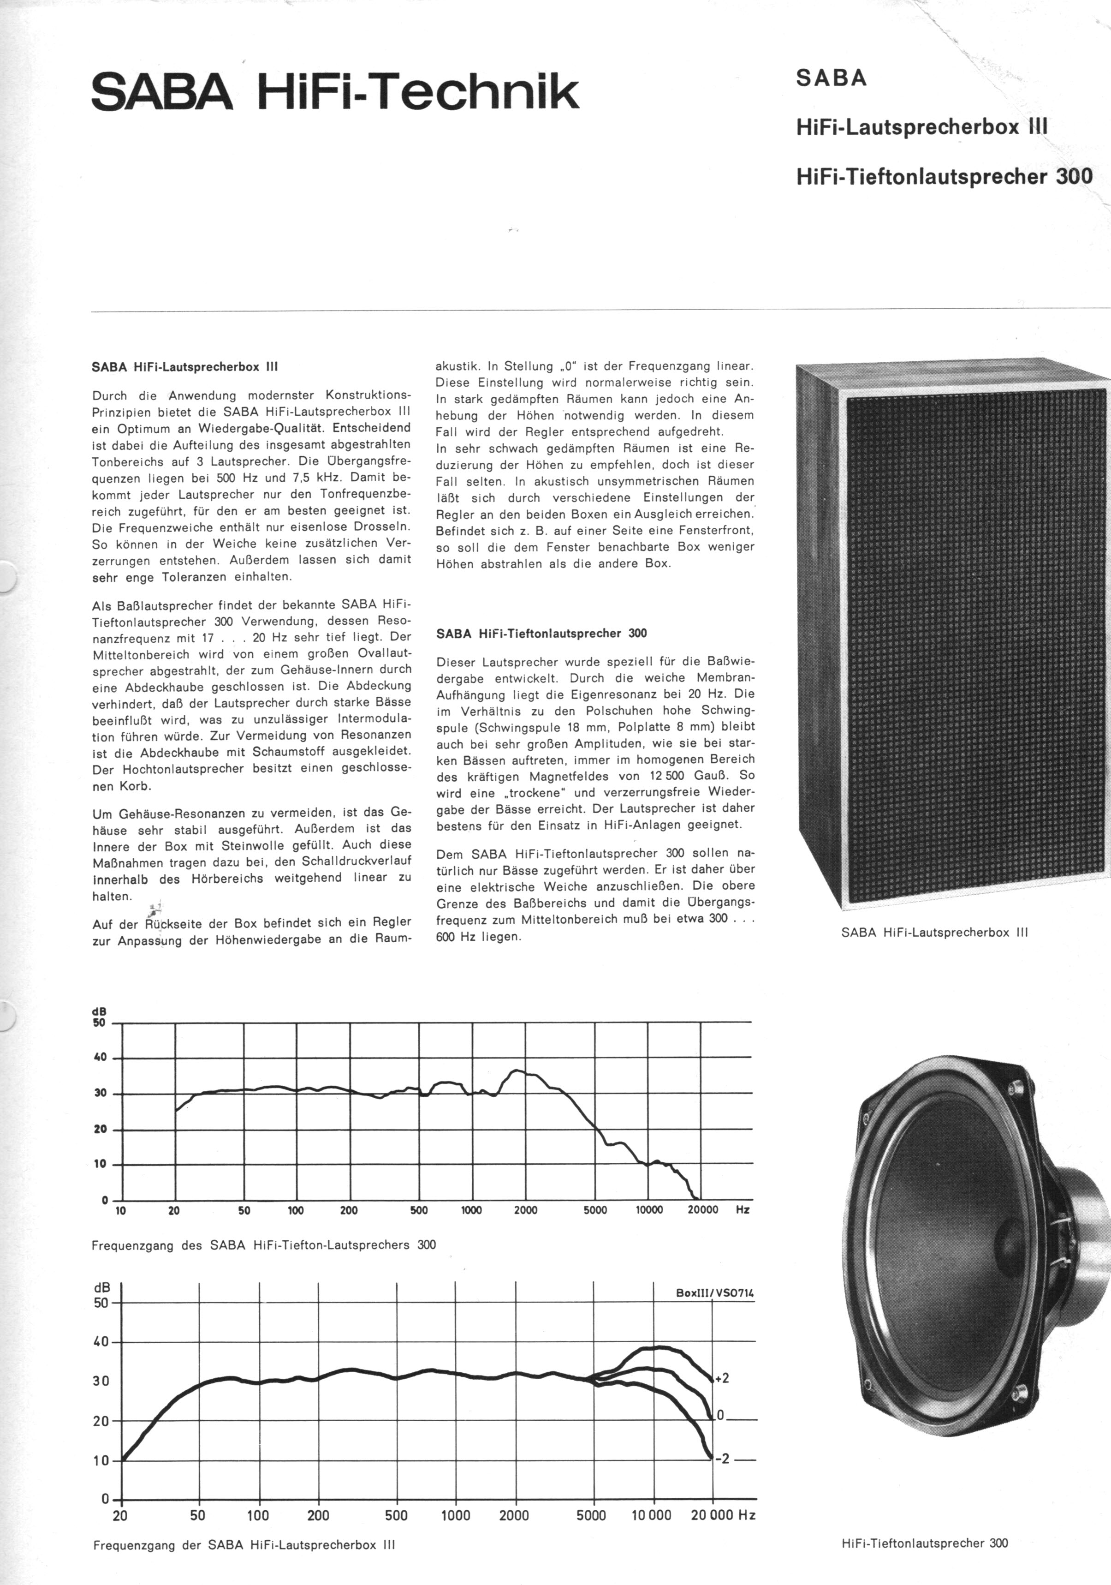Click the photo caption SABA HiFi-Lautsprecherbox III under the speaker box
click(x=934, y=932)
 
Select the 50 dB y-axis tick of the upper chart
click(x=99, y=1023)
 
